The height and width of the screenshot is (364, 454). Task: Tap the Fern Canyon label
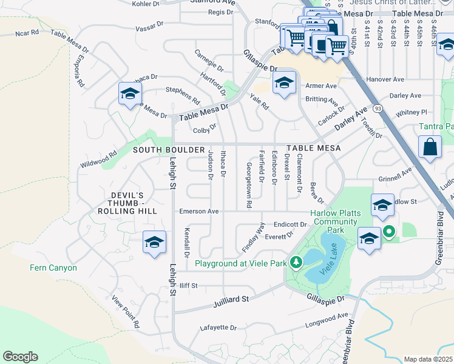pyautogui.click(x=54, y=268)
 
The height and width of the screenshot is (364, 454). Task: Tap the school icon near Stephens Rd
pyautogui.click(x=130, y=94)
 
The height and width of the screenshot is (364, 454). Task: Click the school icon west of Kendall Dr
pyautogui.click(x=154, y=243)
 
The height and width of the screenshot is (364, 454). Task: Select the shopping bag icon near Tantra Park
pyautogui.click(x=430, y=147)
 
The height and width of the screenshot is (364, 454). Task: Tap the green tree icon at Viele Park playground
pyautogui.click(x=296, y=263)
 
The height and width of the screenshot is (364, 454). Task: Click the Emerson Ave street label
pyautogui.click(x=198, y=212)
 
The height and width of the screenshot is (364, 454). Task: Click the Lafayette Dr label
pyautogui.click(x=218, y=328)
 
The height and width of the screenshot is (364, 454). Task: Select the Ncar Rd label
pyautogui.click(x=27, y=32)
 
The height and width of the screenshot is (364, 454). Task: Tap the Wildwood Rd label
pyautogui.click(x=98, y=161)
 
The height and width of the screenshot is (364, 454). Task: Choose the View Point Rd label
pyautogui.click(x=125, y=312)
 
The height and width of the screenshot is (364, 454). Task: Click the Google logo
pyautogui.click(x=20, y=357)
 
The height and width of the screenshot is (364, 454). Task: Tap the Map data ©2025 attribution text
pyautogui.click(x=427, y=359)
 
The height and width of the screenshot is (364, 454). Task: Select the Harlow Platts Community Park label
pyautogui.click(x=335, y=221)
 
